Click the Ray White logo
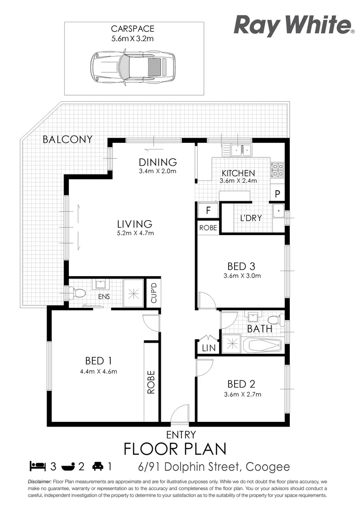tap(294, 25)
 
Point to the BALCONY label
tap(67, 140)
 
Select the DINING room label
tap(157, 162)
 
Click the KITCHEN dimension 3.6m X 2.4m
tap(238, 181)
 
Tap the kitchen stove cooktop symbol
tap(277, 170)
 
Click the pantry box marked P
tap(278, 194)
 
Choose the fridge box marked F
tap(208, 210)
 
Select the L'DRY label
tap(251, 218)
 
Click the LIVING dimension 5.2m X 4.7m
tap(135, 233)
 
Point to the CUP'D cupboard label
tap(153, 294)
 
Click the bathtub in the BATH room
tap(264, 345)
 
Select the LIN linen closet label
tap(208, 348)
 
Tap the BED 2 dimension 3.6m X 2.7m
tap(242, 394)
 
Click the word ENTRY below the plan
tap(181, 435)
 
